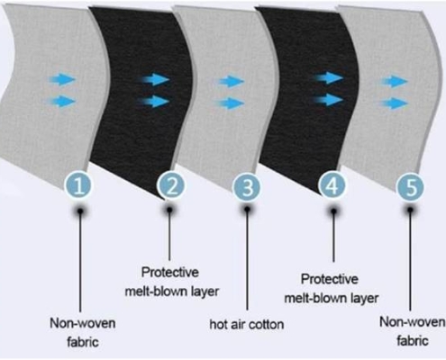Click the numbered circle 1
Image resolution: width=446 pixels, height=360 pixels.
pyautogui.click(x=78, y=185)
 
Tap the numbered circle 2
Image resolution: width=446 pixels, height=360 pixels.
pyautogui.click(x=171, y=185)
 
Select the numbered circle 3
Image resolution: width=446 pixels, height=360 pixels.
pyautogui.click(x=248, y=187)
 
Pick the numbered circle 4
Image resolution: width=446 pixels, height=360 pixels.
pyautogui.click(x=332, y=185)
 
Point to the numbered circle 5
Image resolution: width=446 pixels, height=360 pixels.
pyautogui.click(x=410, y=187)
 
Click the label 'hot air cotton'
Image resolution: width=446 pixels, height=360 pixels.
pyautogui.click(x=247, y=324)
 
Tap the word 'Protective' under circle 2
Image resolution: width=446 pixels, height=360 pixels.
pyautogui.click(x=170, y=273)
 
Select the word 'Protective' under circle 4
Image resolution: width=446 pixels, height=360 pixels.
pyautogui.click(x=330, y=279)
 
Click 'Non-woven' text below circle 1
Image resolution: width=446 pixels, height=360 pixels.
pyautogui.click(x=83, y=323)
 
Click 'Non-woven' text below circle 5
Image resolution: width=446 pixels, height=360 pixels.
pyautogui.click(x=412, y=322)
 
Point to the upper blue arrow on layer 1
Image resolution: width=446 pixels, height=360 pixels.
pyautogui.click(x=61, y=80)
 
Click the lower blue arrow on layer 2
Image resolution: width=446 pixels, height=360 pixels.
pyautogui.click(x=154, y=102)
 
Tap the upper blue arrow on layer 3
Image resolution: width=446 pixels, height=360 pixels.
pyautogui.click(x=231, y=81)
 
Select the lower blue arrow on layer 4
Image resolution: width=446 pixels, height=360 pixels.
pyautogui.click(x=328, y=100)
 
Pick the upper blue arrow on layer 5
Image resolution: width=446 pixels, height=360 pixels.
pyautogui.click(x=395, y=81)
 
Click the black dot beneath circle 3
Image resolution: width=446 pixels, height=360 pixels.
pyautogui.click(x=247, y=209)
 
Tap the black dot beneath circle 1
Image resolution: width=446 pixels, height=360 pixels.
pyautogui.click(x=80, y=211)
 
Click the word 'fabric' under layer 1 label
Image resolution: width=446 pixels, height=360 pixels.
pyautogui.click(x=83, y=342)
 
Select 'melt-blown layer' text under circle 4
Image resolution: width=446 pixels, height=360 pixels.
pyautogui.click(x=332, y=298)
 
